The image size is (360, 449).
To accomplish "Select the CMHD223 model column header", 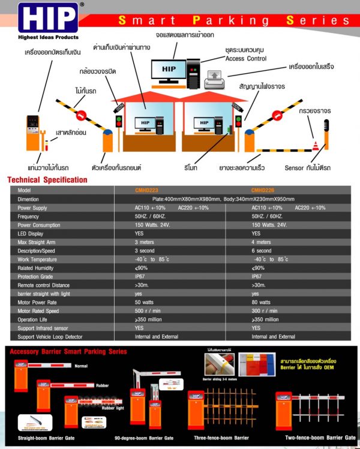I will click(147, 190).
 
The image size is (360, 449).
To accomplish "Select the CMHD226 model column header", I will click(263, 190).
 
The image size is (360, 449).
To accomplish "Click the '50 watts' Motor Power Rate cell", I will click(144, 303).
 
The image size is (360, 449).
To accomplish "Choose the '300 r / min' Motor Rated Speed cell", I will click(265, 311).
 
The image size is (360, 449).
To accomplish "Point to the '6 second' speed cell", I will click(262, 251).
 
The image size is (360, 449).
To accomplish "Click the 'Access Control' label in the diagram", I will click(245, 59).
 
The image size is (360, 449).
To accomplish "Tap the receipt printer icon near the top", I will click(214, 77).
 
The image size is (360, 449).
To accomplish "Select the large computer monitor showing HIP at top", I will click(169, 70).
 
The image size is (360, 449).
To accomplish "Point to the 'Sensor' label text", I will click(294, 168).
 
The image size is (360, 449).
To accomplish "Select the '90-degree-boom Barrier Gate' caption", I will click(143, 438).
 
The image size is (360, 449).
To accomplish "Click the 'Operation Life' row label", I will click(35, 320).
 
